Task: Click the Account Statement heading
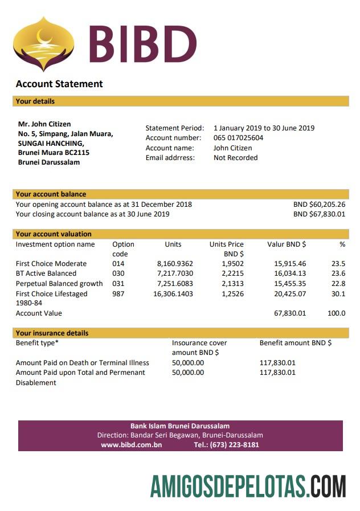(x=59, y=84)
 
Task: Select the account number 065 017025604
(x=238, y=138)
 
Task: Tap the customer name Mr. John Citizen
(x=44, y=124)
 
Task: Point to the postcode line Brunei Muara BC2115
(x=54, y=152)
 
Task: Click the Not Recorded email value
(x=235, y=158)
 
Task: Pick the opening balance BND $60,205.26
(x=319, y=205)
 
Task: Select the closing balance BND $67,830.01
(x=319, y=214)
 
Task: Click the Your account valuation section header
(x=54, y=234)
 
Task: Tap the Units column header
(x=173, y=244)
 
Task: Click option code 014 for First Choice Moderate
(x=118, y=264)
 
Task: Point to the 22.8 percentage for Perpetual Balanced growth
(x=338, y=284)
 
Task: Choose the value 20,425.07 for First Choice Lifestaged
(x=290, y=294)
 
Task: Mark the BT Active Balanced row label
(x=46, y=273)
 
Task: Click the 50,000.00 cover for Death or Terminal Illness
(x=187, y=363)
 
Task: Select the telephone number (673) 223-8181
(x=234, y=445)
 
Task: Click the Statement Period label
(x=171, y=128)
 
